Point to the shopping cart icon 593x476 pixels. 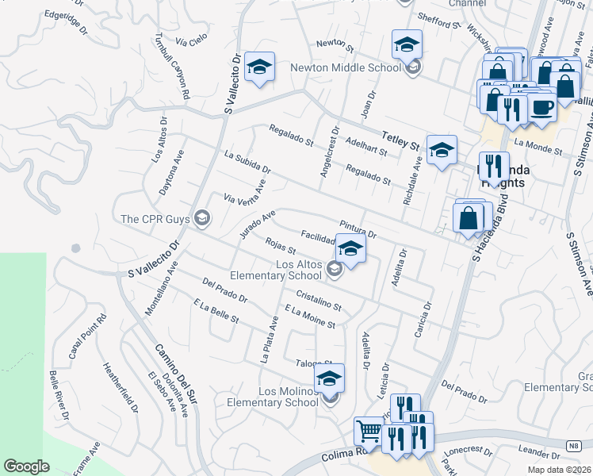pyautogui.click(x=369, y=432)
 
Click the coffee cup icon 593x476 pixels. pyautogui.click(x=542, y=107)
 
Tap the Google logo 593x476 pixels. pyautogui.click(x=26, y=466)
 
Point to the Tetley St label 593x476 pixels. pyautogui.click(x=401, y=140)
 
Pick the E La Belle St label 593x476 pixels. pyautogui.click(x=216, y=310)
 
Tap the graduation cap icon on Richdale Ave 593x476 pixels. pyautogui.click(x=442, y=149)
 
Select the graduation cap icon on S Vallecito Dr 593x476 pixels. pyautogui.click(x=258, y=67)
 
